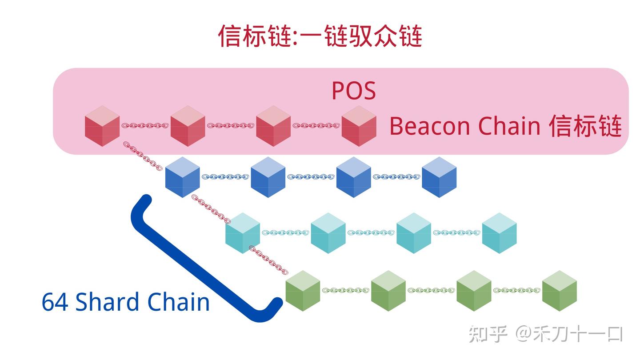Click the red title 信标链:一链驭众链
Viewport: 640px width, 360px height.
pyautogui.click(x=320, y=36)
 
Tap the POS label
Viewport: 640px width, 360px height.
pyautogui.click(x=353, y=91)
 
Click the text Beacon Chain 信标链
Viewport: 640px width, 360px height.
pyautogui.click(x=505, y=126)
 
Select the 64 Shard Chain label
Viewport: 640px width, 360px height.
pyautogui.click(x=125, y=302)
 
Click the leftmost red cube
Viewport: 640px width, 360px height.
pyautogui.click(x=102, y=126)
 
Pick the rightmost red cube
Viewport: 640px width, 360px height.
pyautogui.click(x=359, y=126)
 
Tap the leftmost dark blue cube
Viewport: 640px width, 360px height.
pyautogui.click(x=182, y=177)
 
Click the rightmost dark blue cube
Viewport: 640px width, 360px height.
pyautogui.click(x=439, y=177)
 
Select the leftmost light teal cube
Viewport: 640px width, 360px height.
pyautogui.click(x=242, y=233)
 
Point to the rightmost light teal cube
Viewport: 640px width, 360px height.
pyautogui.click(x=499, y=233)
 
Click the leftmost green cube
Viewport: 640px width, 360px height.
pyautogui.click(x=303, y=291)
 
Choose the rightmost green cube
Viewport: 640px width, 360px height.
pyautogui.click(x=559, y=291)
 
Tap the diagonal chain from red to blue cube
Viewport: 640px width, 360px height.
pyautogui.click(x=142, y=156)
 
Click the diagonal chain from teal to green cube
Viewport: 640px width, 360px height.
pyautogui.click(x=268, y=260)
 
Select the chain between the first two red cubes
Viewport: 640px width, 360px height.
pyautogui.click(x=145, y=126)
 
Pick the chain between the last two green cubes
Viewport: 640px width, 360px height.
pyautogui.click(x=516, y=291)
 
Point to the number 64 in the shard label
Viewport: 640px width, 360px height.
pyautogui.click(x=55, y=302)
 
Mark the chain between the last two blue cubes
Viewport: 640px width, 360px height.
pyautogui.click(x=396, y=177)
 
